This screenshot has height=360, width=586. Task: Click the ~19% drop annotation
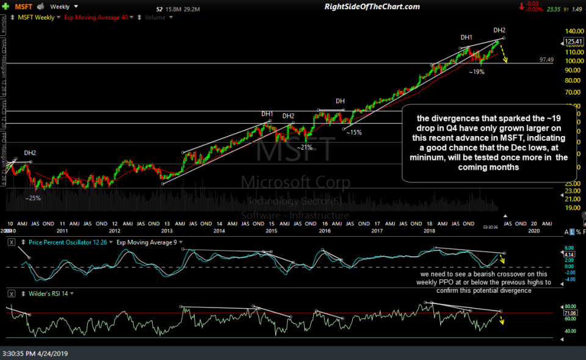pos(476,72)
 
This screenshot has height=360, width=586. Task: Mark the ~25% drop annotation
pos(33,198)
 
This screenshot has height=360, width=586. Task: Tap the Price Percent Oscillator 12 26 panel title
pos(62,242)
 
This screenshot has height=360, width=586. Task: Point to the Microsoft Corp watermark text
pos(295,182)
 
